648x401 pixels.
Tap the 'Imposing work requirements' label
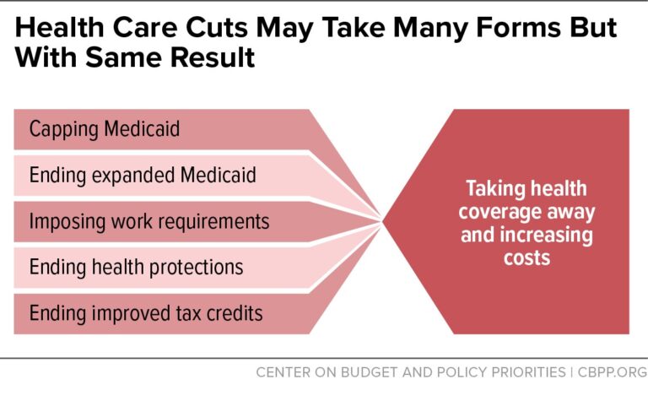(x=149, y=221)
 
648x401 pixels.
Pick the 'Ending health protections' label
(x=136, y=268)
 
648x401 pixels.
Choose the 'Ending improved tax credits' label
(x=146, y=313)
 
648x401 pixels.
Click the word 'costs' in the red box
(x=526, y=256)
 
